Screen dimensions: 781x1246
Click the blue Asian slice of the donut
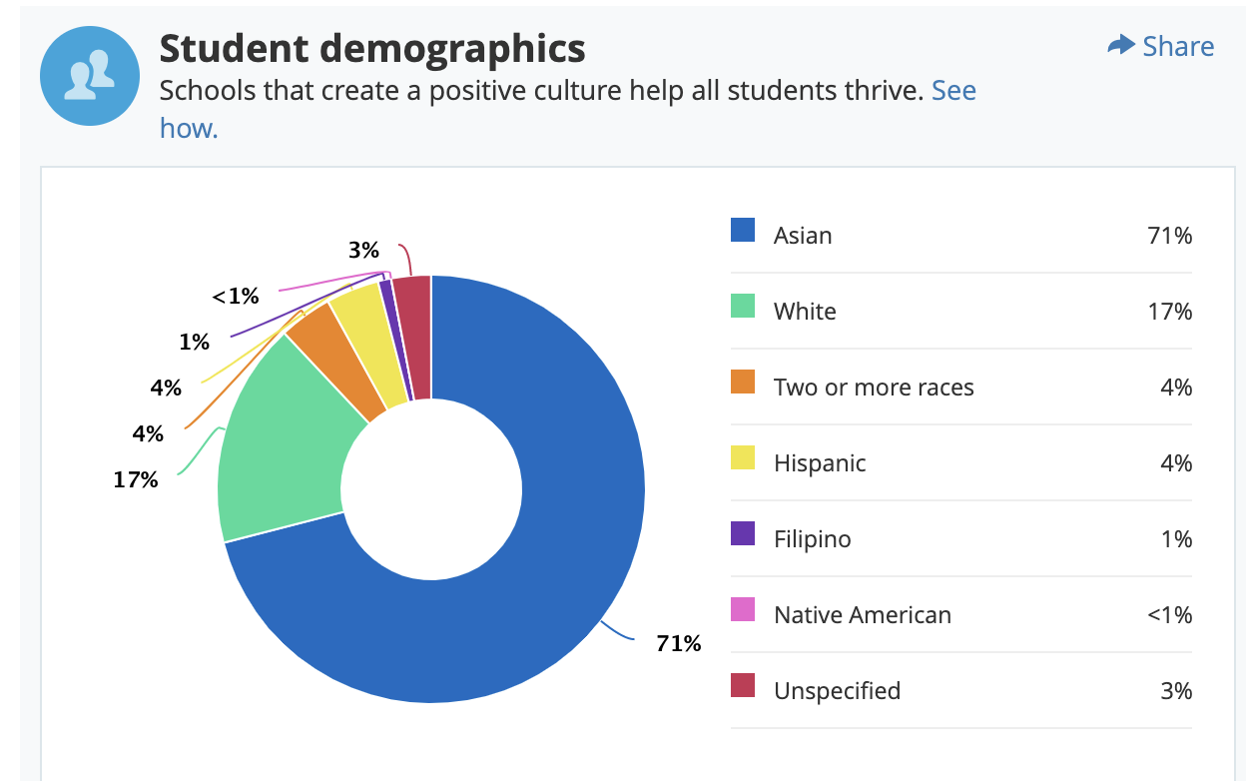(x=559, y=559)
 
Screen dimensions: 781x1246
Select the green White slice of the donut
(x=280, y=449)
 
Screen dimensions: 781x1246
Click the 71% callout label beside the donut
(x=678, y=644)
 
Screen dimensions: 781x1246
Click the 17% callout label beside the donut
(x=136, y=480)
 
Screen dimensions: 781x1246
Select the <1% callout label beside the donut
(x=236, y=297)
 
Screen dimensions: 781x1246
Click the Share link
(x=1161, y=46)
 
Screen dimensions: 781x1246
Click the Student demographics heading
(x=372, y=48)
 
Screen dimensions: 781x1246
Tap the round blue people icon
(x=89, y=77)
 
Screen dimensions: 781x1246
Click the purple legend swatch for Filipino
(x=743, y=534)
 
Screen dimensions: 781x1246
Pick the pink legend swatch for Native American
(x=743, y=610)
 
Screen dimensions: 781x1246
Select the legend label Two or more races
(x=874, y=388)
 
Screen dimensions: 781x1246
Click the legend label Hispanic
(x=820, y=463)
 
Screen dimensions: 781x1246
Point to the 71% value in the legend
(x=1169, y=236)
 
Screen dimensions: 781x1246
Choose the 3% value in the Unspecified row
(x=1176, y=691)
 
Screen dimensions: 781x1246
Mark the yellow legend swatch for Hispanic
(x=743, y=458)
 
